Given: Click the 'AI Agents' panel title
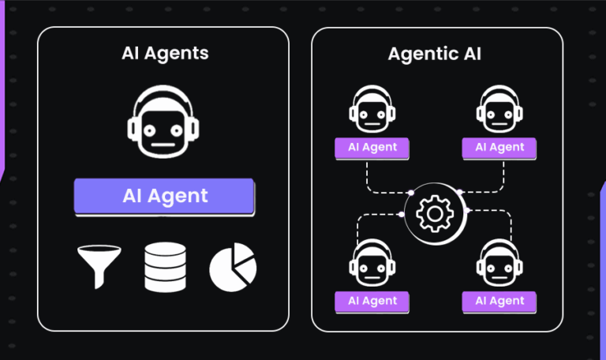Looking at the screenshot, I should (165, 54).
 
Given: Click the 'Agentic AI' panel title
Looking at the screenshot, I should (435, 54).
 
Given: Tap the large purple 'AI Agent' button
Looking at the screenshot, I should (165, 196).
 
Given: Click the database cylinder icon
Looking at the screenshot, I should (165, 267).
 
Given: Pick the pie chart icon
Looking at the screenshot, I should (233, 267).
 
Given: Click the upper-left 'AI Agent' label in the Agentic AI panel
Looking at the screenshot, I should (372, 148).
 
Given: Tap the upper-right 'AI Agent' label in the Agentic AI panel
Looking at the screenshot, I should (499, 148).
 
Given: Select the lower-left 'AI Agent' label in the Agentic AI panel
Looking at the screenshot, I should (372, 301).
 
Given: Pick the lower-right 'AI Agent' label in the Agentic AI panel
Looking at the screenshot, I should (499, 301).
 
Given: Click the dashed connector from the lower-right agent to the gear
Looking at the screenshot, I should (505, 225).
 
